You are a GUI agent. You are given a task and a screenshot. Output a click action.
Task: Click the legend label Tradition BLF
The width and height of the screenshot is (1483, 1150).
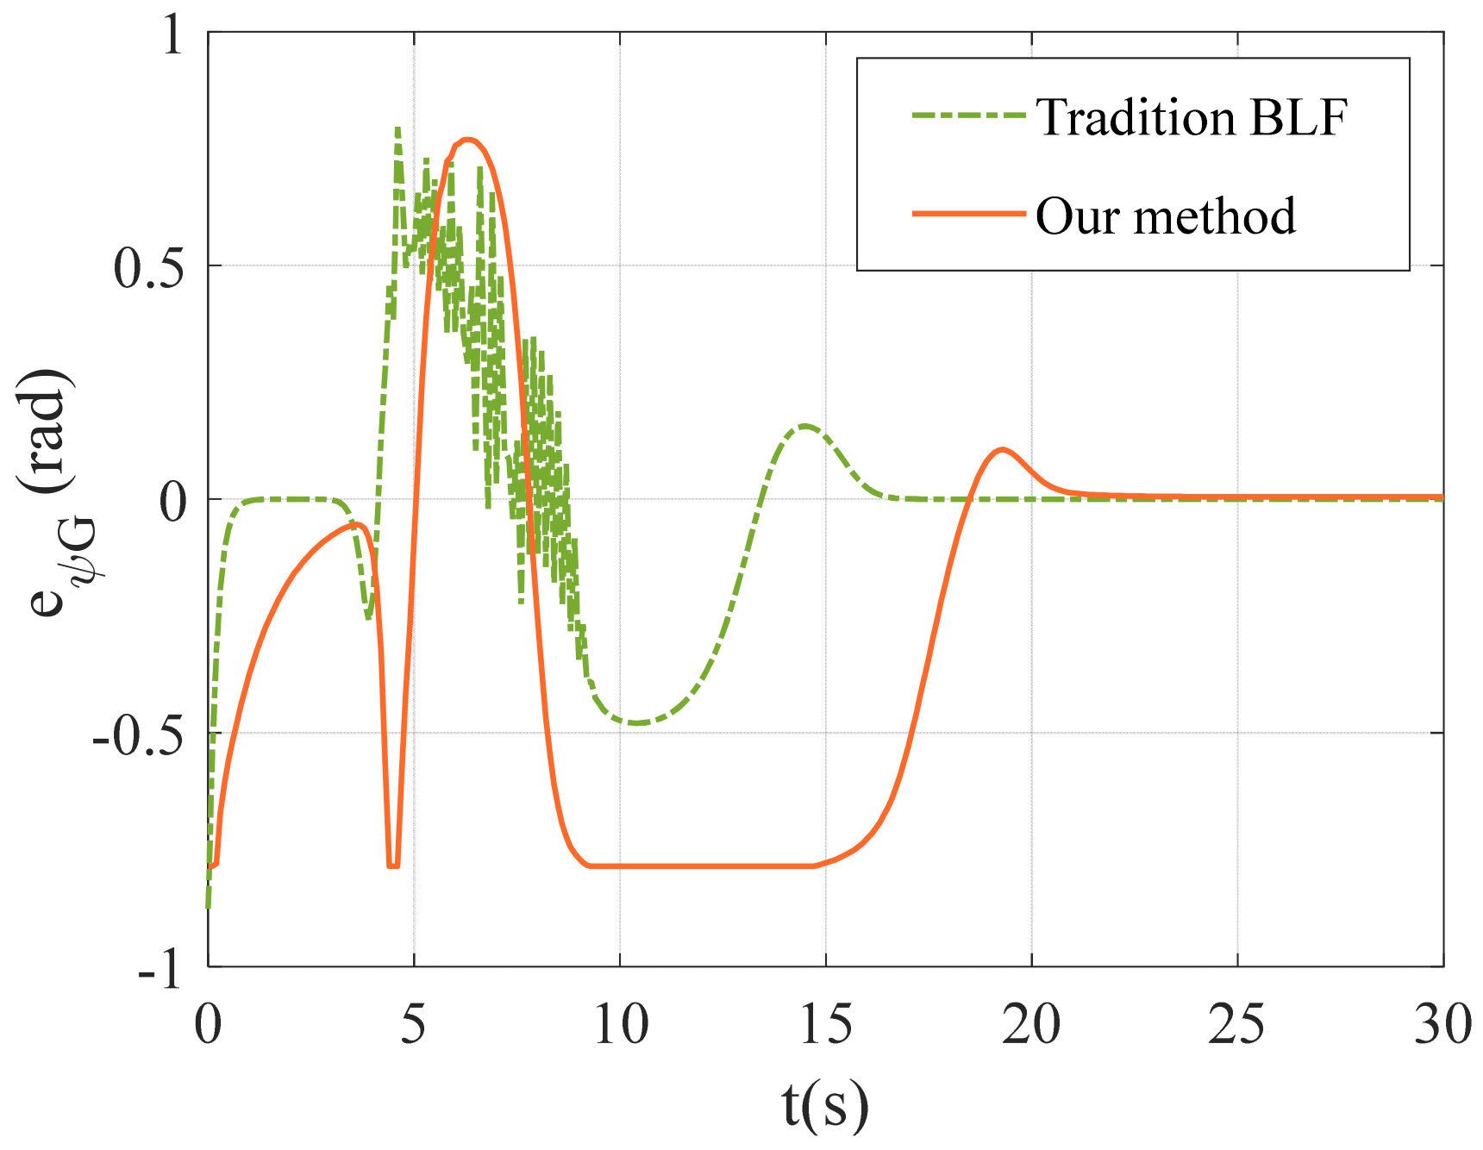pyautogui.click(x=1191, y=117)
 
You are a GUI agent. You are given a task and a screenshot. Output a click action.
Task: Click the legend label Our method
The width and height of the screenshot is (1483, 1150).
pyautogui.click(x=1165, y=216)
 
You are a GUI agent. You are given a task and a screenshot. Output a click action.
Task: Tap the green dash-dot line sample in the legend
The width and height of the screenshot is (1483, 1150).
pyautogui.click(x=969, y=116)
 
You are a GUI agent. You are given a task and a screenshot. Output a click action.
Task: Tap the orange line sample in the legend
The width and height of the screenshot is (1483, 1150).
pyautogui.click(x=969, y=214)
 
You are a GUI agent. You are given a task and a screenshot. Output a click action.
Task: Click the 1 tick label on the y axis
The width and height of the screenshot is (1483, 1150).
pyautogui.click(x=172, y=36)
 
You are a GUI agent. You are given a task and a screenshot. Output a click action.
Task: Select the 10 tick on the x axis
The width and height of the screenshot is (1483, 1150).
pyautogui.click(x=621, y=1025)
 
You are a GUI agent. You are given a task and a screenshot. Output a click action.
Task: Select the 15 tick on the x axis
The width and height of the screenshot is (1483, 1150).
pyautogui.click(x=826, y=1025)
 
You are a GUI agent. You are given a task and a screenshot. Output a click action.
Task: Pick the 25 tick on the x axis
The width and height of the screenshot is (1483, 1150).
pyautogui.click(x=1237, y=1025)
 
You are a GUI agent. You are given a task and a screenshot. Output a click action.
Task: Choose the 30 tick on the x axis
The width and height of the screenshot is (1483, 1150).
pyautogui.click(x=1442, y=1025)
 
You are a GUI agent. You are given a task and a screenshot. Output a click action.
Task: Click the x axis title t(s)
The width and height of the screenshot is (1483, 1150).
pyautogui.click(x=825, y=1106)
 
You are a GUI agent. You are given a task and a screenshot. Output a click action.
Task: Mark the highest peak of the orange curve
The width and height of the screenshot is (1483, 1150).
pyautogui.click(x=466, y=139)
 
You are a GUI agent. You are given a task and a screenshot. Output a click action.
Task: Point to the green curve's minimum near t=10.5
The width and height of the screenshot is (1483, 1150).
pyautogui.click(x=636, y=722)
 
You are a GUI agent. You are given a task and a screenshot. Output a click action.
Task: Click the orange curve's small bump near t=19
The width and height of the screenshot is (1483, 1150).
pyautogui.click(x=1001, y=449)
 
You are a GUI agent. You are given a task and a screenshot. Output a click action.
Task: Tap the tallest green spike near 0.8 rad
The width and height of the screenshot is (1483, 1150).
pyautogui.click(x=397, y=129)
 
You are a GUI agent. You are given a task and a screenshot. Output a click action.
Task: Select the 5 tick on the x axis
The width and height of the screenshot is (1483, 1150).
pyautogui.click(x=414, y=1025)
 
